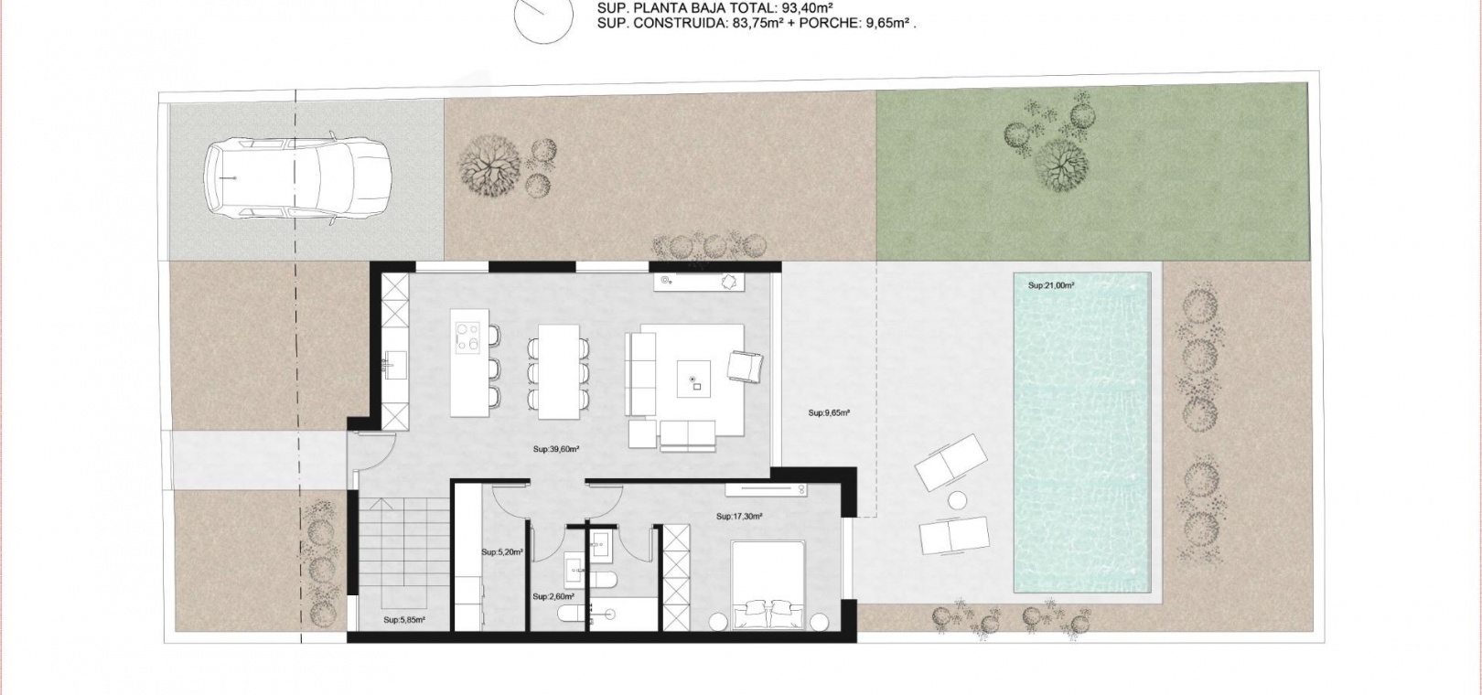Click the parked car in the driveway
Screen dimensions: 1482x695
pos(297,179)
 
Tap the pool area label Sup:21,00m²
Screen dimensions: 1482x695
pos(1051,285)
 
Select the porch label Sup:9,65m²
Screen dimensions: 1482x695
pos(829,412)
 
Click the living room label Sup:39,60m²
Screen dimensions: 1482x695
pos(556,449)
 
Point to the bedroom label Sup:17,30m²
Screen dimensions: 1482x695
pos(740,517)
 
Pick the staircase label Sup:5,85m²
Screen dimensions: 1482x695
pos(404,620)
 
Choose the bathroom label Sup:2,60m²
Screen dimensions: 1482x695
pos(553,596)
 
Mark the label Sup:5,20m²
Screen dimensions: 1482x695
pos(503,552)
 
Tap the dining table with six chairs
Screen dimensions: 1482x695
pos(558,371)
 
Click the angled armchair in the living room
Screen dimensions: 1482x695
pos(746,367)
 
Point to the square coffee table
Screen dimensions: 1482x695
pos(693,379)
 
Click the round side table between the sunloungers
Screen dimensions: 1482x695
pos(957,500)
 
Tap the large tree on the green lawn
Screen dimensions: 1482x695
pos(1060,166)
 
